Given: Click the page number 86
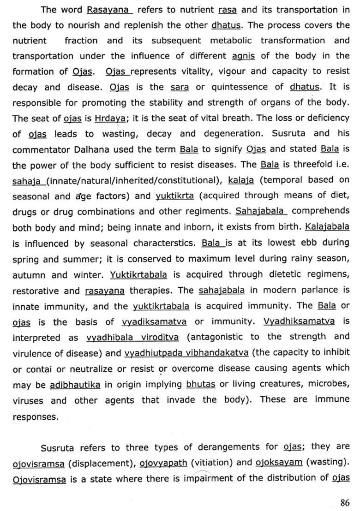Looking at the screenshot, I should (x=344, y=502).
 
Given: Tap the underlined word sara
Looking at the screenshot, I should (x=180, y=87).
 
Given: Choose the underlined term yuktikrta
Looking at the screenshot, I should (x=175, y=196).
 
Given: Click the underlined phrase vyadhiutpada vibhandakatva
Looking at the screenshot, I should (x=186, y=353).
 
